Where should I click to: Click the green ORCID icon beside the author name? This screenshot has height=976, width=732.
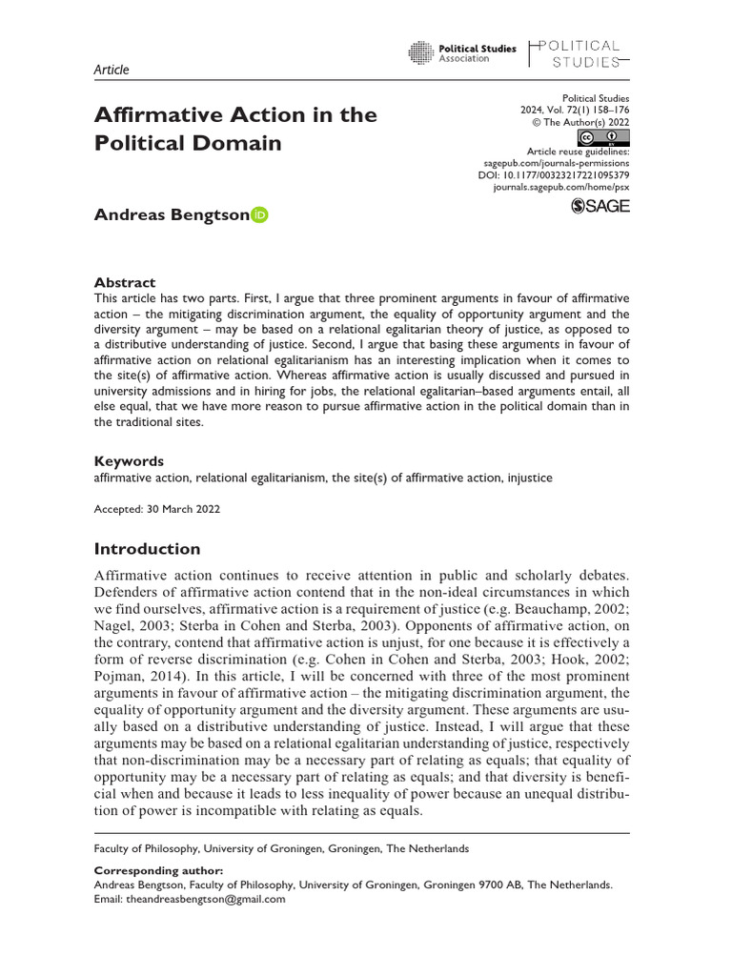click(x=260, y=214)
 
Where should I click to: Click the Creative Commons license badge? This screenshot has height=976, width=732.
click(x=603, y=138)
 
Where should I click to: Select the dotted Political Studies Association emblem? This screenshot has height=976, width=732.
click(x=420, y=53)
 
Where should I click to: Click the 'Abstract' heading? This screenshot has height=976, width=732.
click(x=124, y=282)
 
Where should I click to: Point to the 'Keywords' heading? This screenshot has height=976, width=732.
click(x=129, y=460)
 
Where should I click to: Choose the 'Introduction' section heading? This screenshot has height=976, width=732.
click(x=147, y=548)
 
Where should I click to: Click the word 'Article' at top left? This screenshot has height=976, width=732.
click(x=112, y=70)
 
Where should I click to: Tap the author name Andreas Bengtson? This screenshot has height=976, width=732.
click(x=172, y=214)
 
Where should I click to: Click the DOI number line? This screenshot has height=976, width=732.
click(x=554, y=175)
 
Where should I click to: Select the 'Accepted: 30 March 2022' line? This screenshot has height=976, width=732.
click(x=156, y=509)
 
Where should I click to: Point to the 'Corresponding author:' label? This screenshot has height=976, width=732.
click(x=158, y=870)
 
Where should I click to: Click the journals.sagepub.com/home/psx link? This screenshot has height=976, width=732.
click(x=561, y=188)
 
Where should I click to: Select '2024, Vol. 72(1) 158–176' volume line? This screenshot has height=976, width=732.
click(x=568, y=111)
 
